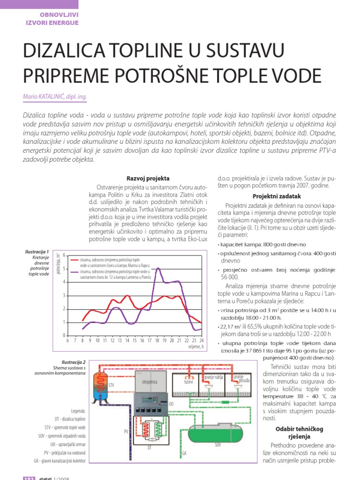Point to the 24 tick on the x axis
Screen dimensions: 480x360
point(201,340)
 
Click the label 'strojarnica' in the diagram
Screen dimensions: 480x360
point(150,382)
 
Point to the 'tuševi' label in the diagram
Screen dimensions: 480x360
point(188,382)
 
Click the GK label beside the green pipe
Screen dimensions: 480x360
point(184,454)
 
